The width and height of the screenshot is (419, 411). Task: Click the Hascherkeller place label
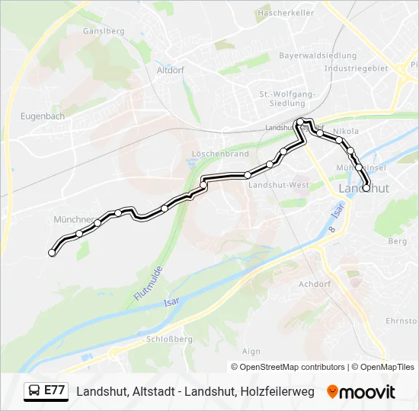[286, 13]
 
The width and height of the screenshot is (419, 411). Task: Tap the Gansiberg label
[104, 31]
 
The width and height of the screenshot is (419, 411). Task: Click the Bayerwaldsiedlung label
[318, 56]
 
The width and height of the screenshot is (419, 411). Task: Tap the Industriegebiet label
[356, 68]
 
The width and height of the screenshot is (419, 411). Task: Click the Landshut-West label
[278, 185]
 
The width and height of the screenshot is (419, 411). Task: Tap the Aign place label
[251, 351]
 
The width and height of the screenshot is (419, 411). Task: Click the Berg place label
[398, 241]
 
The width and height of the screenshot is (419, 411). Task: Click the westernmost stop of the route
[52, 253]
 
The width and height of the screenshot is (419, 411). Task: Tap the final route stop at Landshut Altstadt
[366, 188]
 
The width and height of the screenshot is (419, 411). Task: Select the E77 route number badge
[54, 391]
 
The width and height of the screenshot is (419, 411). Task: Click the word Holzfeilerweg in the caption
[277, 392]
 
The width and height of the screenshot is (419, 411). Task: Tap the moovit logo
[361, 392]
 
